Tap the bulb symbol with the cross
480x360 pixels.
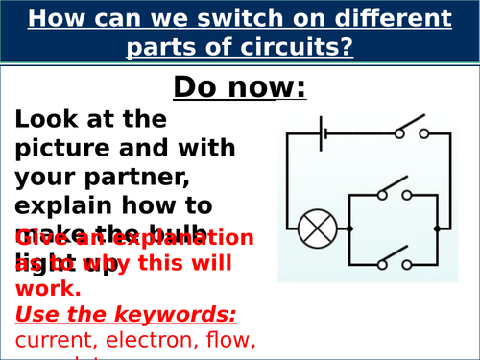point(313,229)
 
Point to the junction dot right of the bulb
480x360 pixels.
point(349,228)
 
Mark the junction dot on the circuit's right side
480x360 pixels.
point(437,228)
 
